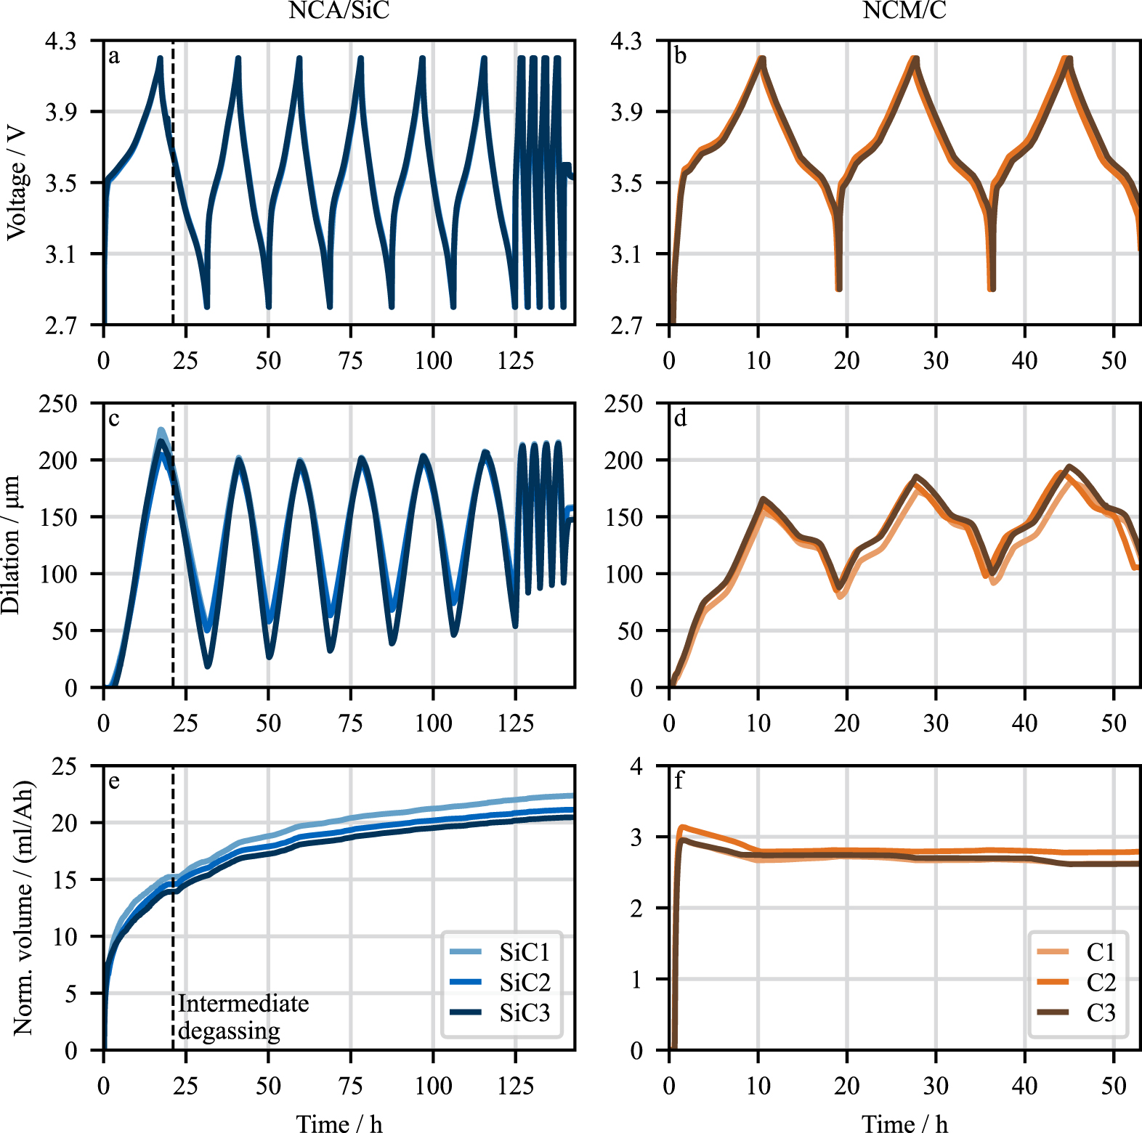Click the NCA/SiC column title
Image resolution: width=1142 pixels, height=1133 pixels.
coord(339,10)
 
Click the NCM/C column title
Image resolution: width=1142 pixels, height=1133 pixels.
coord(904,10)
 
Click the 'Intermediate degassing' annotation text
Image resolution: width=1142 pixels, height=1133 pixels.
coord(243,1017)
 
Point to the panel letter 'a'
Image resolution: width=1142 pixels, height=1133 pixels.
coord(114,56)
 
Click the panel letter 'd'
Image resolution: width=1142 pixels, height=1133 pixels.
coord(680,418)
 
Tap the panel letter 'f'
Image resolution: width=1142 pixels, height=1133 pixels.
coord(679,781)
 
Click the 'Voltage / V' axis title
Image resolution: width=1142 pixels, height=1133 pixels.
coord(16,182)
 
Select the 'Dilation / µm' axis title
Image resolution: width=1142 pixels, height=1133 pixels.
coord(12,545)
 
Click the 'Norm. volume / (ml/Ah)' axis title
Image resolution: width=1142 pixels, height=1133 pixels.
coord(23,908)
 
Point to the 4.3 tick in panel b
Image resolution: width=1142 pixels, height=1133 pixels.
coord(626,41)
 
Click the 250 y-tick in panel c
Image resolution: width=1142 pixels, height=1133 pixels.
coord(58,404)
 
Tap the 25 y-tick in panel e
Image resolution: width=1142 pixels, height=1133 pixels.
coord(64,766)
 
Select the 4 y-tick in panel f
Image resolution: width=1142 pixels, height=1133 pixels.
coord(636,766)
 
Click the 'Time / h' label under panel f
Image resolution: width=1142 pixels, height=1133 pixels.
coord(904,1123)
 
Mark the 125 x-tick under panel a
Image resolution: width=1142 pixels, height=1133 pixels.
coord(515,360)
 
